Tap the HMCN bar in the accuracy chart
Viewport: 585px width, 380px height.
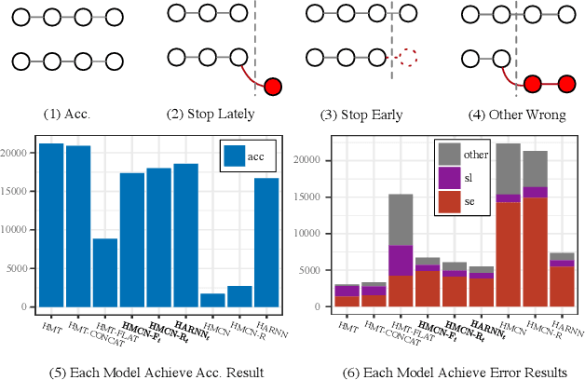[x=212, y=300]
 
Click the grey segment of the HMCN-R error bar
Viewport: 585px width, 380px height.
[x=535, y=169]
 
